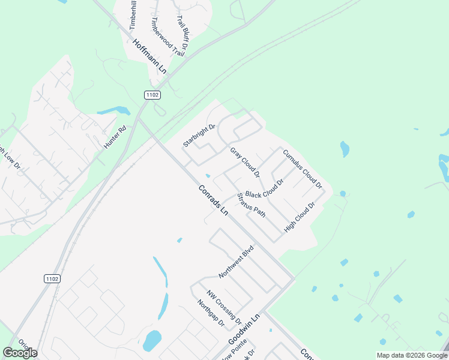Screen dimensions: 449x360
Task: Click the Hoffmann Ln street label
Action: [149, 56]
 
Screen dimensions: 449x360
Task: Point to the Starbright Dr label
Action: [199, 136]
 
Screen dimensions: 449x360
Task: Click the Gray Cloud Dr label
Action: [244, 162]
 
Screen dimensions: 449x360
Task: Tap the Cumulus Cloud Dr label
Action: [303, 169]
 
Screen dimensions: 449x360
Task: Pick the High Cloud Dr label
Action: [300, 218]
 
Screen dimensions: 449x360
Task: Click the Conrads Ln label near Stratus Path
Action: [213, 200]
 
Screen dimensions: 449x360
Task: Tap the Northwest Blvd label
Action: [237, 261]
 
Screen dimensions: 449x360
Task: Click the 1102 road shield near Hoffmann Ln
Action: [152, 95]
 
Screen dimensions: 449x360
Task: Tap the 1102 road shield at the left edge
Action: [52, 278]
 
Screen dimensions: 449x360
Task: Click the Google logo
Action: [20, 353]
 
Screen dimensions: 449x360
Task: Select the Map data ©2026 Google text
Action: [411, 355]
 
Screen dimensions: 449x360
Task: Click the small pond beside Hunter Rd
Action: [114, 111]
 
